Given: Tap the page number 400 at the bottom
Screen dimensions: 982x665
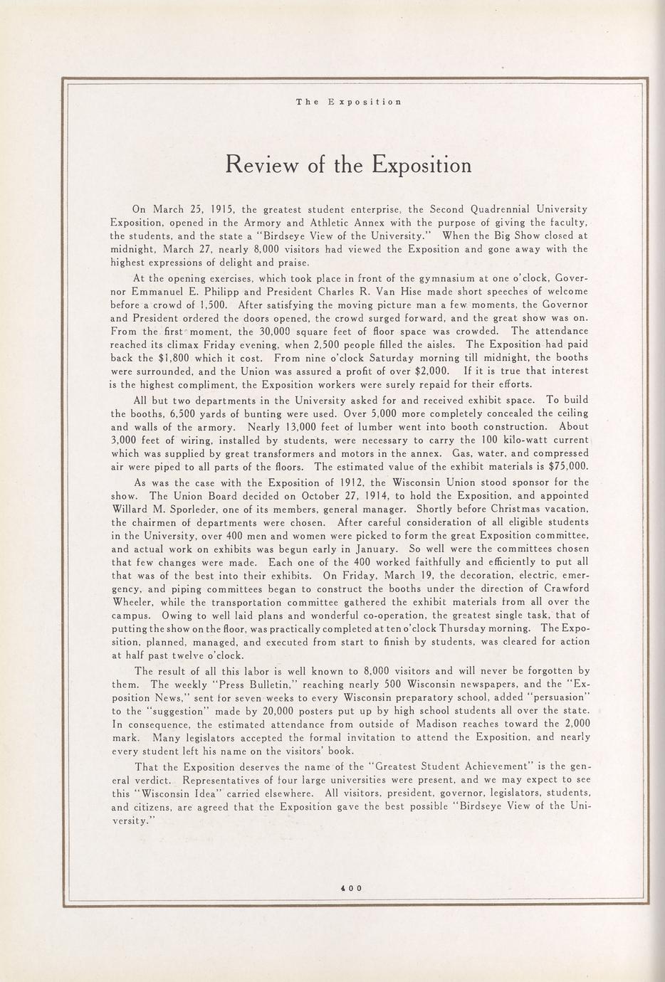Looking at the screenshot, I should tap(351, 887).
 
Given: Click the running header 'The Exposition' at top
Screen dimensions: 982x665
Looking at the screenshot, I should tap(349, 102).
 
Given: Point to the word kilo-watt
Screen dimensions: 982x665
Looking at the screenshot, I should tap(500, 440).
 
